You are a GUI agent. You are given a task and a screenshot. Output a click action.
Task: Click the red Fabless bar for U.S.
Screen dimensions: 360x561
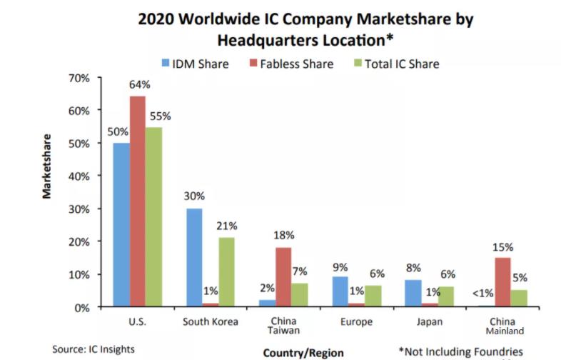(x=137, y=201)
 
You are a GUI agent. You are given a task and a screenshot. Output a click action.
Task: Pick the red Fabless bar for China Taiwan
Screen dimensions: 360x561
(x=284, y=277)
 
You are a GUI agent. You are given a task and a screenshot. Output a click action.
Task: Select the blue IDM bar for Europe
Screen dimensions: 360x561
(x=341, y=292)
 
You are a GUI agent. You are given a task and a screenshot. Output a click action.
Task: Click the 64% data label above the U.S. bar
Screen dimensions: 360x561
(x=138, y=85)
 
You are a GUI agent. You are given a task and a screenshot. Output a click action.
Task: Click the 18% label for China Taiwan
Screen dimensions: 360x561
(x=284, y=235)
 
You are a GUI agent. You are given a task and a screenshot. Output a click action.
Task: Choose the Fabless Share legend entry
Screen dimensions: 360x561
(x=289, y=64)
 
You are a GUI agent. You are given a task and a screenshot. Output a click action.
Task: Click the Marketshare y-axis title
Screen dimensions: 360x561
(x=46, y=165)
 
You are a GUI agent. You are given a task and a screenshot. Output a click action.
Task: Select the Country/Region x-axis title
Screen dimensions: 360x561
(x=303, y=352)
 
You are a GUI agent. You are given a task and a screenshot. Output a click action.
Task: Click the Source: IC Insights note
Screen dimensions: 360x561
(x=93, y=349)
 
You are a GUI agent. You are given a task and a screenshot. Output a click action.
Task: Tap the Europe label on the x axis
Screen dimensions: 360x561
(x=356, y=321)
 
